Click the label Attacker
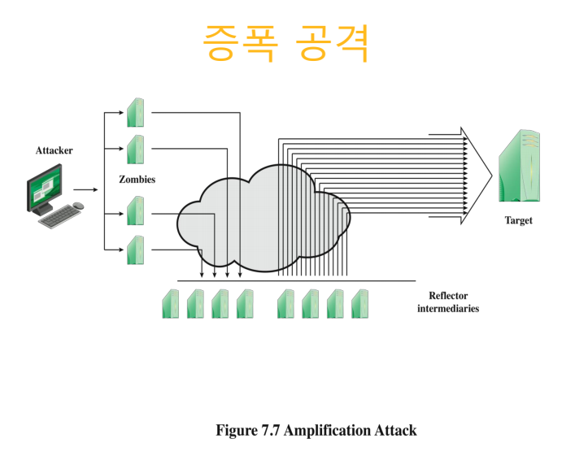(x=54, y=150)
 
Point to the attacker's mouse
(x=79, y=206)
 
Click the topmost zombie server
(x=135, y=112)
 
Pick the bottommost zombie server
(x=135, y=250)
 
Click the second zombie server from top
(x=135, y=149)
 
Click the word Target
(x=518, y=220)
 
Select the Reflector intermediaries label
(x=448, y=302)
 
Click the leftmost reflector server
(x=171, y=303)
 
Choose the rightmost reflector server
(x=360, y=303)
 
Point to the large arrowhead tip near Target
(x=490, y=174)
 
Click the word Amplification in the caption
(x=328, y=430)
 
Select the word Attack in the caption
(x=395, y=430)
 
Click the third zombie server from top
(x=135, y=211)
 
